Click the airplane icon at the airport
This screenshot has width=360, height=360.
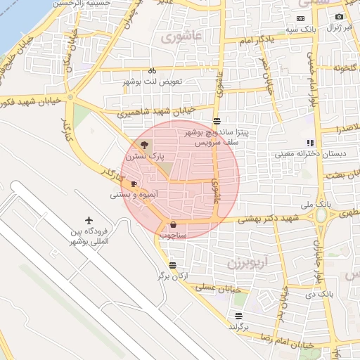tap(89, 221)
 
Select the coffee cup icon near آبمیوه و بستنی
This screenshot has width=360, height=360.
tap(134, 184)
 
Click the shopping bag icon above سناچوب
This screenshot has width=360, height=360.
tap(173, 225)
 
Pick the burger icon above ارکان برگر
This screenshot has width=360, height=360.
tap(173, 265)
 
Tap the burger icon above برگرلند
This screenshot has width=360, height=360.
tap(239, 316)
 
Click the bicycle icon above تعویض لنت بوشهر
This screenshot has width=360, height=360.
tap(152, 71)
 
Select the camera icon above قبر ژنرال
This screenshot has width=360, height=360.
tap(339, 16)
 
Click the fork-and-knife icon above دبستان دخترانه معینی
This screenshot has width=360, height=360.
tap(310, 143)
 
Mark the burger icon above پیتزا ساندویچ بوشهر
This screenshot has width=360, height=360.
tap(217, 121)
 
